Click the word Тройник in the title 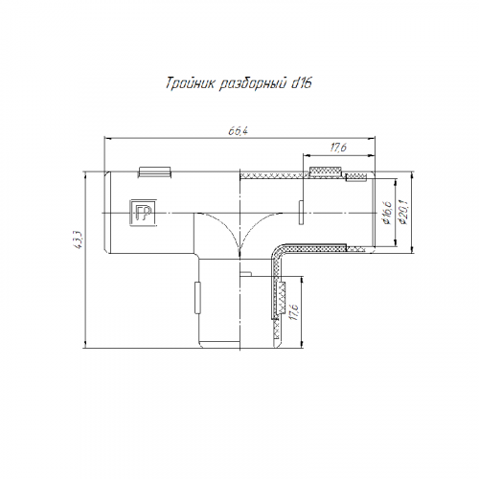click(191, 83)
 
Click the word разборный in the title click(252, 84)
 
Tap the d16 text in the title click(301, 83)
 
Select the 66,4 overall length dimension click(239, 131)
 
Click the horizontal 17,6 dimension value click(338, 148)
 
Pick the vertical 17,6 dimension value click(293, 311)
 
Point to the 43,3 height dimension click(80, 239)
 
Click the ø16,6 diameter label click(387, 213)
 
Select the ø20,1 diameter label click(403, 212)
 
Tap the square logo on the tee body click(143, 213)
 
